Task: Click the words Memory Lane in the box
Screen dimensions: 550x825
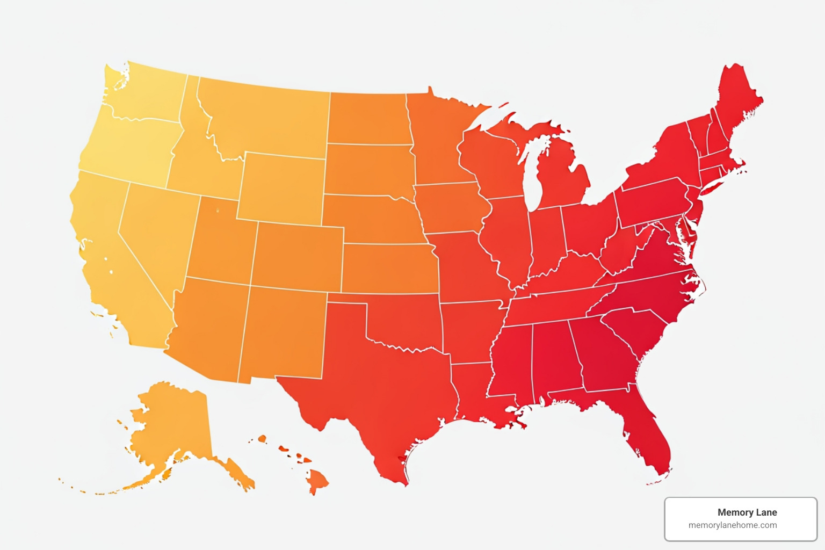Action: click(747, 512)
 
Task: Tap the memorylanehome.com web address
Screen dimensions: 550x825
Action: click(733, 525)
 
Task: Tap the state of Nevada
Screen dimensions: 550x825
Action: click(156, 231)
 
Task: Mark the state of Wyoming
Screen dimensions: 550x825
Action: click(282, 188)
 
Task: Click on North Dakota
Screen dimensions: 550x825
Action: click(368, 118)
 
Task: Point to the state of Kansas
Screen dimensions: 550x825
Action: click(389, 269)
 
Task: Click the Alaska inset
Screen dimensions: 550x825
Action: click(172, 424)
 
